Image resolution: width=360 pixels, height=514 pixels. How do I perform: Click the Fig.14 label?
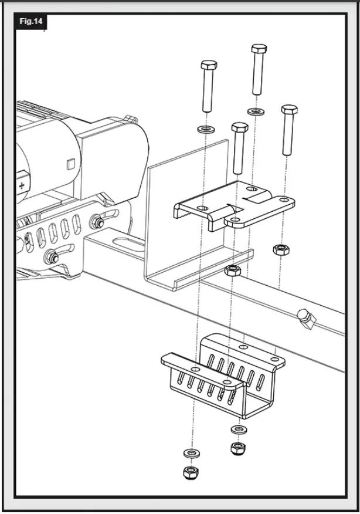31,21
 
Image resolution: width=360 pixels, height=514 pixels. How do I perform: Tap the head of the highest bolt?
259,49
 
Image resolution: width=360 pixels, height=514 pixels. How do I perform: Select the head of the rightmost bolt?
289,109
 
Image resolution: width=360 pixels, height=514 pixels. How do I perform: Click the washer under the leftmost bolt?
206,128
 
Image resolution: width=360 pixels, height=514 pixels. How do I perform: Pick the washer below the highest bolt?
256,112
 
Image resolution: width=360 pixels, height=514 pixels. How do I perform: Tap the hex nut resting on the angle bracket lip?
233,270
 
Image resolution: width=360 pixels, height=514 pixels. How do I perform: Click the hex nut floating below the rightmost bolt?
281,250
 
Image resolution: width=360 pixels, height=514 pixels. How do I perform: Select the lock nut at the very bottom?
191,473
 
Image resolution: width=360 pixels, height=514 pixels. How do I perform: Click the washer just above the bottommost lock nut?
192,453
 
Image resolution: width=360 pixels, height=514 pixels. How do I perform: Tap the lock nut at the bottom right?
239,448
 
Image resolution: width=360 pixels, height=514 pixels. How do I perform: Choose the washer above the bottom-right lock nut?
239,429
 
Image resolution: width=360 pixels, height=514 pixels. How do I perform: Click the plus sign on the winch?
22,185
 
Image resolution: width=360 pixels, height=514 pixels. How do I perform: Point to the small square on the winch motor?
71,164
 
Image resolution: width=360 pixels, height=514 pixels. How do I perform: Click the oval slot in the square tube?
128,245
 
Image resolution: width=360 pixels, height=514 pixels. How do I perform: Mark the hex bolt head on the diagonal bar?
307,319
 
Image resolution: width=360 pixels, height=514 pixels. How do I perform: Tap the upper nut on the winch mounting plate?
97,222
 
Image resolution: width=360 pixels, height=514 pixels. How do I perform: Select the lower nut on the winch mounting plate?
52,256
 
